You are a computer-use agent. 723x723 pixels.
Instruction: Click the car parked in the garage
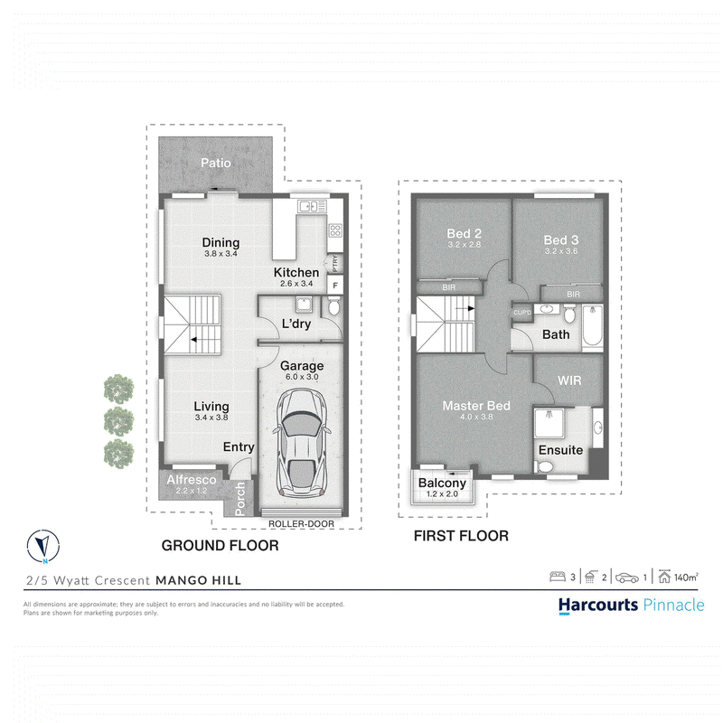pos(302,442)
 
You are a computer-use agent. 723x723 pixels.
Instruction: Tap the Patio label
pos(216,163)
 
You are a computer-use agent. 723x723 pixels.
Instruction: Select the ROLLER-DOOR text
pos(301,524)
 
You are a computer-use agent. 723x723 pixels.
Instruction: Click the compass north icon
pos(43,546)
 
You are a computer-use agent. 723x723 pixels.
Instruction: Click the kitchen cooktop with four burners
pos(335,230)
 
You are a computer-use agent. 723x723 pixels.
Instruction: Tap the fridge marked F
pos(335,286)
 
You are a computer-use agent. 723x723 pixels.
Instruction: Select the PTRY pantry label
pos(335,263)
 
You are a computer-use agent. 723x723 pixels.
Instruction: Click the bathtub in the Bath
pos(593,325)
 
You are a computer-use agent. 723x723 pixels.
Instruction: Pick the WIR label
pos(569,380)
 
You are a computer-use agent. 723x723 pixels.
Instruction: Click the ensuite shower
pos(549,423)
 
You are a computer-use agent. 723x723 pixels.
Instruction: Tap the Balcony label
pos(442,483)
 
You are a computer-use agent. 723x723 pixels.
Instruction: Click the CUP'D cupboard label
pos(522,313)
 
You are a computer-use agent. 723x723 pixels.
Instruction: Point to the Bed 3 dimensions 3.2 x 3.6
pos(561,251)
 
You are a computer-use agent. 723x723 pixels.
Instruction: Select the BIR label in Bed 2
pos(449,287)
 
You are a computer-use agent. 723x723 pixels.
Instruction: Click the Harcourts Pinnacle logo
pos(631,605)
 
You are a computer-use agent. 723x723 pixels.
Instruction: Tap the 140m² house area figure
pos(686,577)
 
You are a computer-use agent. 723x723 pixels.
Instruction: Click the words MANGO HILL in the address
pos(198,580)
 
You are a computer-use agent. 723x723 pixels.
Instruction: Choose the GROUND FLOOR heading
pos(220,546)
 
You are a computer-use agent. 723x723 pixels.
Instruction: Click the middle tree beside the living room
pos(119,421)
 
